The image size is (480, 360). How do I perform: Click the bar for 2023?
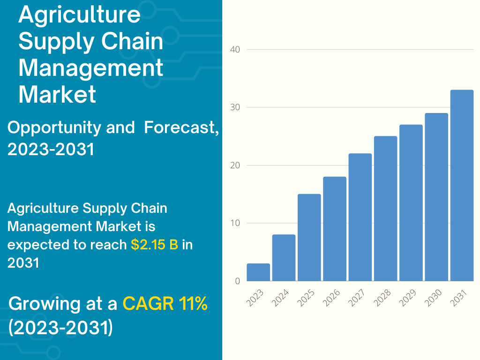[x=258, y=272]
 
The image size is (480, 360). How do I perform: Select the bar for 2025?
[x=309, y=238]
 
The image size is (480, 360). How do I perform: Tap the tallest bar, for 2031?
[x=462, y=185]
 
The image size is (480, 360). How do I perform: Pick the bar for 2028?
[x=386, y=209]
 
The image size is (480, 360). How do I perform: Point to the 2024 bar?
[x=284, y=258]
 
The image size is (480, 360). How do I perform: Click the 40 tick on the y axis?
[x=235, y=50]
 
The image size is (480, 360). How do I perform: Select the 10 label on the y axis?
[x=235, y=223]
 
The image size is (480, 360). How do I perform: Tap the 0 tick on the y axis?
[x=238, y=281]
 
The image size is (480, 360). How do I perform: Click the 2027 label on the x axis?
[x=357, y=298]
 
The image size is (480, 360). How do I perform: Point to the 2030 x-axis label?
[x=433, y=298]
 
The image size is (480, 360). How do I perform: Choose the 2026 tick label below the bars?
[x=331, y=298]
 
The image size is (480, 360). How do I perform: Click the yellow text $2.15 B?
[x=154, y=245]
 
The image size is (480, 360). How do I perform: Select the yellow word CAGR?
[x=148, y=303]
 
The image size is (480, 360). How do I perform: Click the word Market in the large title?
[x=57, y=94]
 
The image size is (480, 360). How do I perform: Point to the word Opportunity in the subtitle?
[x=54, y=128]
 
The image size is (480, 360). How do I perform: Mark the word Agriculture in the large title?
[x=80, y=15]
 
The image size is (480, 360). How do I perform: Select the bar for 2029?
[x=411, y=202]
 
